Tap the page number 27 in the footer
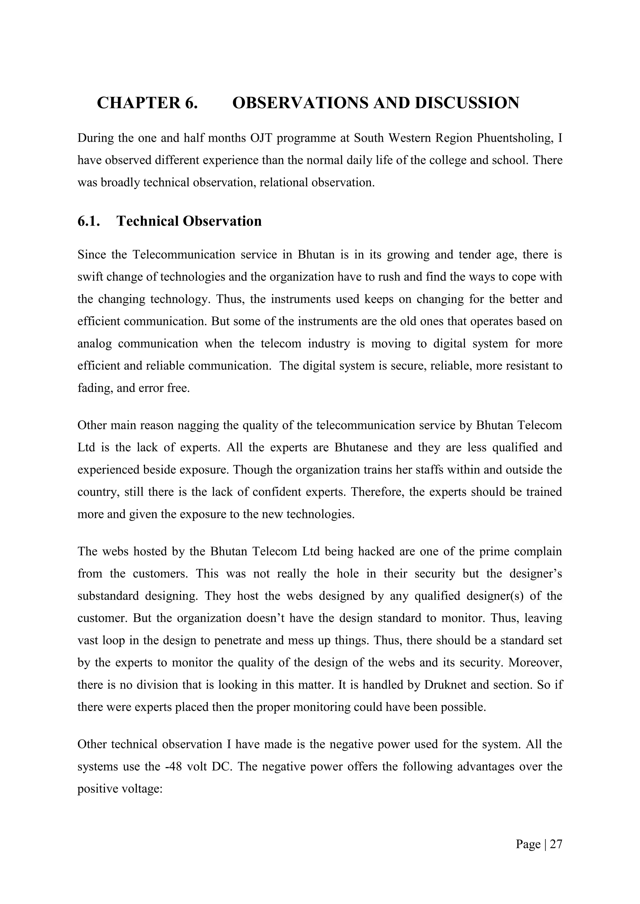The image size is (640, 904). tap(556, 845)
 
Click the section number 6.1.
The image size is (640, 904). tap(89, 221)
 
